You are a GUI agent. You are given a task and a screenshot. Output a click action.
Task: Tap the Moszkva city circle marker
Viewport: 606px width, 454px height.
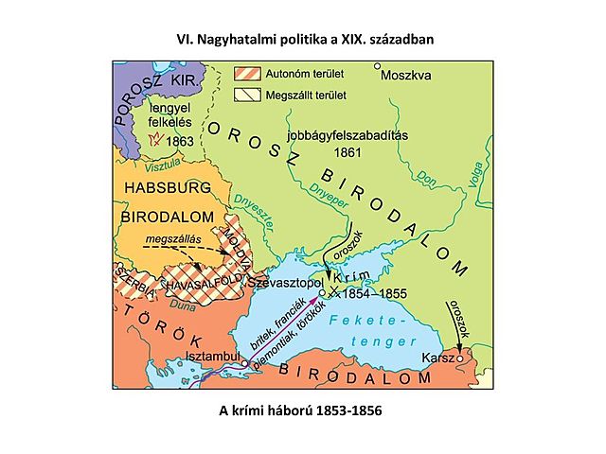(377, 66)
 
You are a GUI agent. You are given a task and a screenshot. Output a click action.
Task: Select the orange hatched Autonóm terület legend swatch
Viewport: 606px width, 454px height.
(250, 73)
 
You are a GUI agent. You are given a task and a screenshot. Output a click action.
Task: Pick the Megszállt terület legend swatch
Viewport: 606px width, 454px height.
(250, 94)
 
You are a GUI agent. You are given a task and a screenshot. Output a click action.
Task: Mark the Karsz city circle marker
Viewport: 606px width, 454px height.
(460, 358)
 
